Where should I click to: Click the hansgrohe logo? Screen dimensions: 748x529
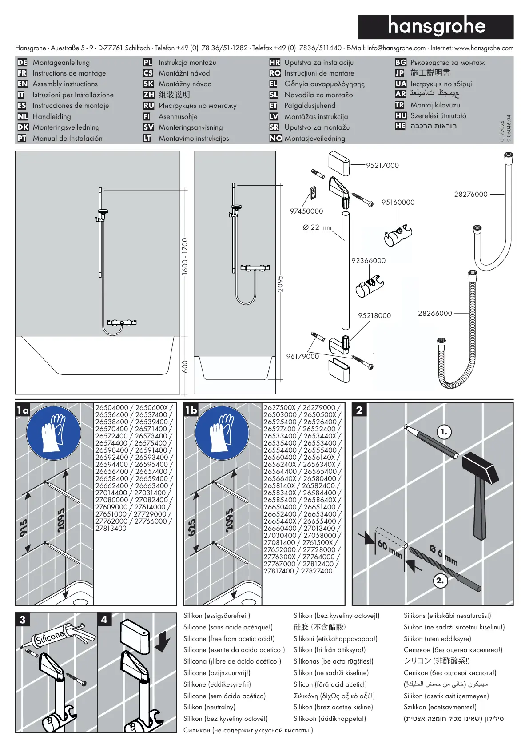436,27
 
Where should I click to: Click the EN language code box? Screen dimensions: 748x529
23,84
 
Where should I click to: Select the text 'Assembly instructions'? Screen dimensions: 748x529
65,84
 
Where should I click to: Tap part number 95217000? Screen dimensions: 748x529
382,166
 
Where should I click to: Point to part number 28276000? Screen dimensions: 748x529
470,195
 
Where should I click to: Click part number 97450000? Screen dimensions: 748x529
306,211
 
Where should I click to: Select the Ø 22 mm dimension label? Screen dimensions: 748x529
317,227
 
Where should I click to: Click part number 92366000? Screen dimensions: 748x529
368,261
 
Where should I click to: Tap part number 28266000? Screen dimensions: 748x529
435,314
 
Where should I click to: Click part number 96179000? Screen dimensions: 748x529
302,357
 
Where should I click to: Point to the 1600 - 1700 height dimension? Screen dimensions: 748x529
185,256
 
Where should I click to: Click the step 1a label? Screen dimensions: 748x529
23,410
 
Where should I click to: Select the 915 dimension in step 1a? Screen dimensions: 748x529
24,528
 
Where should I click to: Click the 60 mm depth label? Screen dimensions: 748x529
389,549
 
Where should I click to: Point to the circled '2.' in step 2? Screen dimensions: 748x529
440,581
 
